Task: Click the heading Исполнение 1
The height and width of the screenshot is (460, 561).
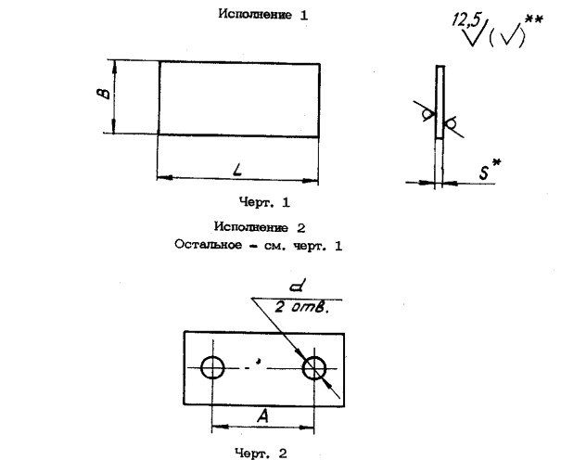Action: click(x=261, y=15)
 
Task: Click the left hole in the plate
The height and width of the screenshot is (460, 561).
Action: click(x=213, y=367)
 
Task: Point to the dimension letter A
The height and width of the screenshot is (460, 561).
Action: click(x=263, y=417)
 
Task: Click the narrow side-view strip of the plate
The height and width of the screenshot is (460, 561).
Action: click(x=440, y=102)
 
